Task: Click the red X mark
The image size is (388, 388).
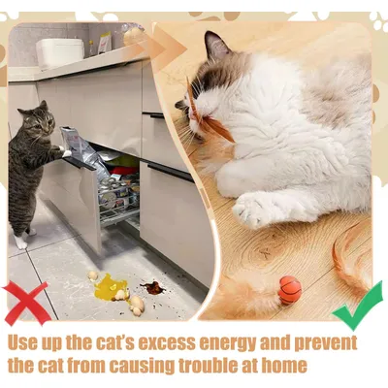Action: tap(26, 303)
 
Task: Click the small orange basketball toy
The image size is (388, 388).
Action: tap(290, 290)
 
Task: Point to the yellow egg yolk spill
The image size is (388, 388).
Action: tap(110, 287)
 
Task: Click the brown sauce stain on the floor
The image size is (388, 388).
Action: tap(152, 287)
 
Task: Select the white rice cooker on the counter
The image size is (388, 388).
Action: tap(60, 52)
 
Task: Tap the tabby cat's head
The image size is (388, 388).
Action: tap(38, 120)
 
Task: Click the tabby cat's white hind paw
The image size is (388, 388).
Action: tap(20, 242)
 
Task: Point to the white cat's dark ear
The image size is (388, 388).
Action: tap(216, 46)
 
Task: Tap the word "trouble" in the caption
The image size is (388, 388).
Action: tap(212, 366)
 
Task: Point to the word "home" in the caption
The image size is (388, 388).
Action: tap(283, 366)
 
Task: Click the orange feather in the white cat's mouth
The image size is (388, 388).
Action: tap(207, 114)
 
